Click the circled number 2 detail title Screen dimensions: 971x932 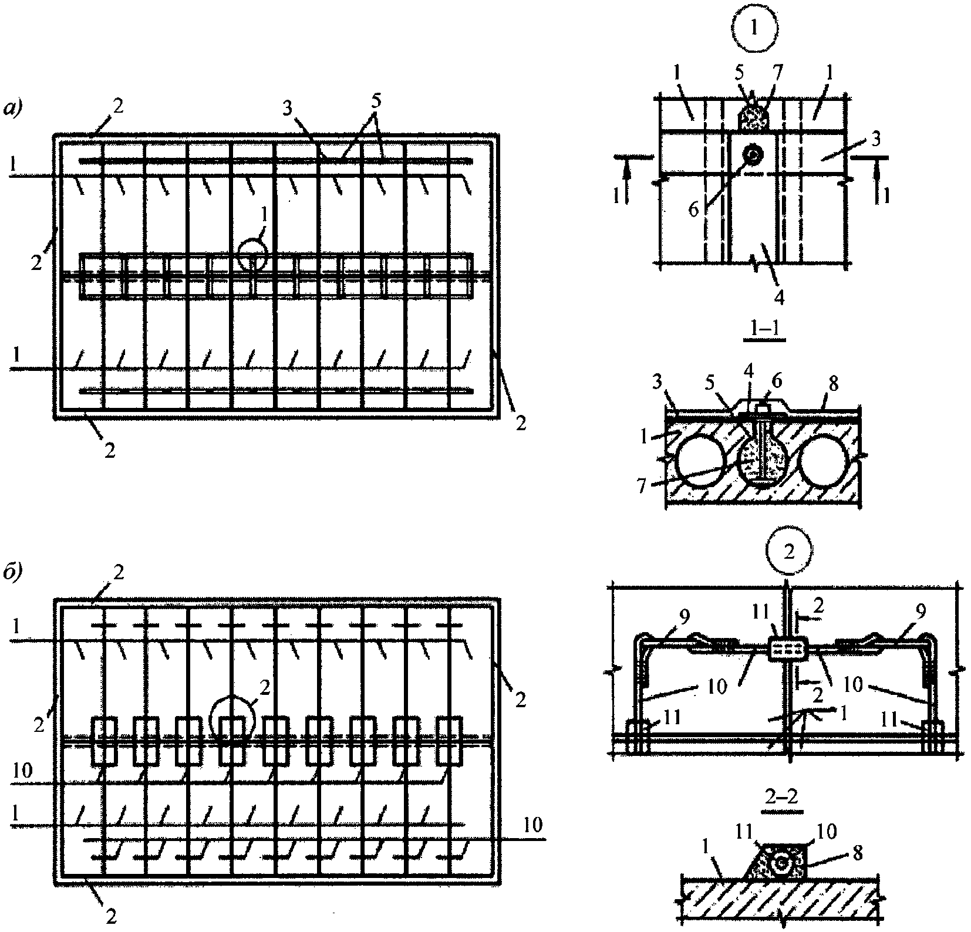pyautogui.click(x=790, y=553)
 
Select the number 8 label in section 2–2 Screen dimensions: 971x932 pyautogui.click(x=857, y=853)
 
